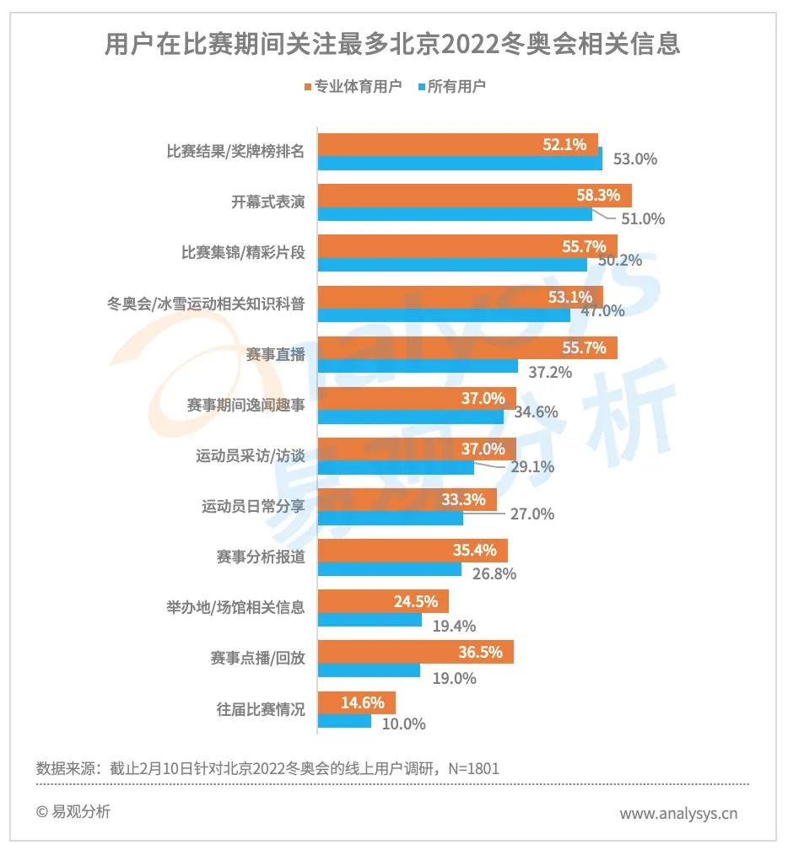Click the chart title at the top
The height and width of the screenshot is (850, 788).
pos(392,44)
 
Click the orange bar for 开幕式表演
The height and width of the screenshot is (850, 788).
pos(474,196)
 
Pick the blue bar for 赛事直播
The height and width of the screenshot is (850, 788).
pos(418,367)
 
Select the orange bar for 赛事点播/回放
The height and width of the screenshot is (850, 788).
pos(415,652)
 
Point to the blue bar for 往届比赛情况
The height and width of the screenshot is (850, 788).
pos(344,722)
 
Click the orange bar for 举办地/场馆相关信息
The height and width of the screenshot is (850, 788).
pos(383,601)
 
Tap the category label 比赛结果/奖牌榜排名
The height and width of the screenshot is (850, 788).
pos(235,153)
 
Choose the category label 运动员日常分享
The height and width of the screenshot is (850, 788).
pos(253,508)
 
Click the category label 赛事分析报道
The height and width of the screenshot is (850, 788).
pos(261,558)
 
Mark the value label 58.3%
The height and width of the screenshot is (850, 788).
pos(598,196)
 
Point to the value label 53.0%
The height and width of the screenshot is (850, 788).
pos(634,159)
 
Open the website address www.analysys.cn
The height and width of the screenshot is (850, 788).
pos(678,814)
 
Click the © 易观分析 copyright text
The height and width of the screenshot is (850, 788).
pos(73,812)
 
